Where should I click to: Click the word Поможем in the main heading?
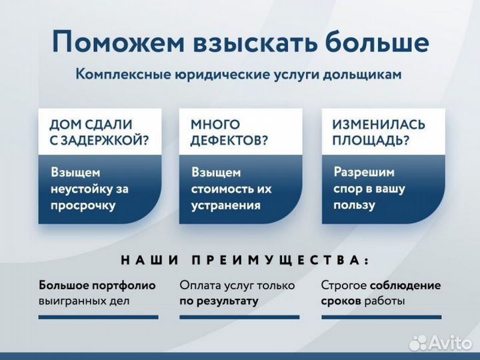pyautogui.click(x=117, y=43)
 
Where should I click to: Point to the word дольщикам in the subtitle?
pyautogui.click(x=363, y=75)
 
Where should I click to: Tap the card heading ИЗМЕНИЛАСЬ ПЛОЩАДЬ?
pyautogui.click(x=378, y=132)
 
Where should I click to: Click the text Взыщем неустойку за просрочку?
pyautogui.click(x=89, y=189)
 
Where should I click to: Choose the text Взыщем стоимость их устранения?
pyautogui.click(x=231, y=189)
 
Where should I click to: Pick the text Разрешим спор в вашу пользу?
pyautogui.click(x=369, y=188)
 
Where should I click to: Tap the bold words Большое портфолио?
pyautogui.click(x=97, y=285)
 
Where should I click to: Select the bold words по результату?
pyautogui.click(x=218, y=301)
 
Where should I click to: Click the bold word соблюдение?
pyautogui.click(x=405, y=285)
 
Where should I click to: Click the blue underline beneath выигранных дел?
pyautogui.click(x=99, y=317)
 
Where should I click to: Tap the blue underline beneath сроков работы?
pyautogui.click(x=381, y=317)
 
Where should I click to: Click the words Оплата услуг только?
pyautogui.click(x=237, y=285)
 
